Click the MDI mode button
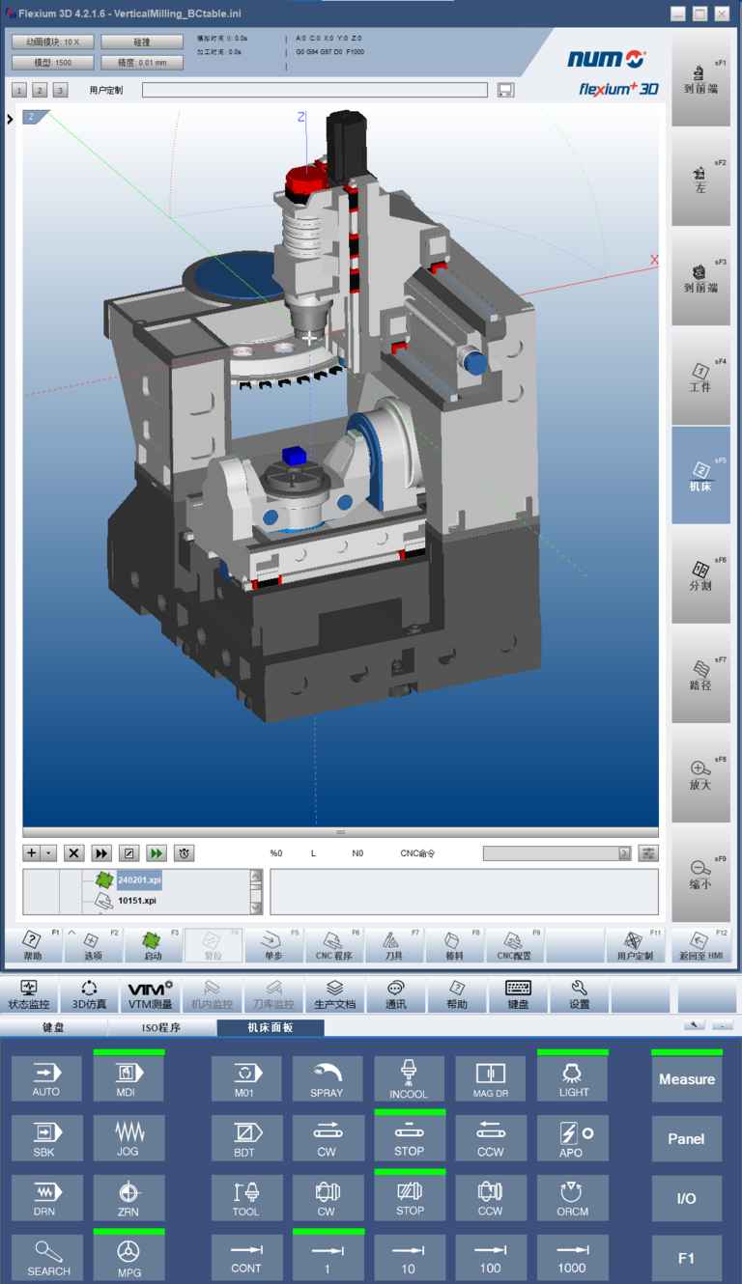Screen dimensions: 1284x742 click(128, 1078)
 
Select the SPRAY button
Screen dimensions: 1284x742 click(327, 1078)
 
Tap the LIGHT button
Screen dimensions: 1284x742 click(573, 1078)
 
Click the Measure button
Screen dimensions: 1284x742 click(686, 1078)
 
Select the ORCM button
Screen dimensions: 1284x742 click(572, 1198)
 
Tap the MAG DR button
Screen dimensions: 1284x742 click(490, 1078)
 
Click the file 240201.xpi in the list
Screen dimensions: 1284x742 click(139, 880)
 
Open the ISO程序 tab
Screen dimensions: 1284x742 click(161, 1027)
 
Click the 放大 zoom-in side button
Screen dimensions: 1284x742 click(700, 774)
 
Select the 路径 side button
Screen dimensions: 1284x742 click(700, 675)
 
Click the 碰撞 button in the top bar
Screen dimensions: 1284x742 click(141, 42)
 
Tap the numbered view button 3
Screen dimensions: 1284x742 click(60, 90)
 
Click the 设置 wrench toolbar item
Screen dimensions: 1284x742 click(579, 993)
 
